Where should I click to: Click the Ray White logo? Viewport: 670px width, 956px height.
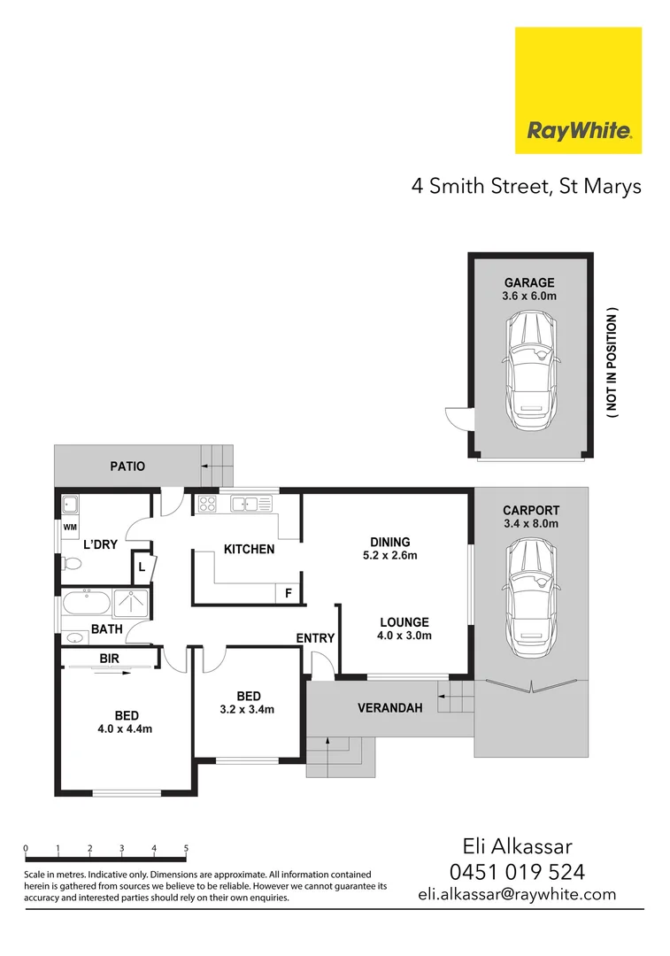click(x=579, y=90)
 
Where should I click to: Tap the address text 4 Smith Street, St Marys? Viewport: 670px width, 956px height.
click(x=526, y=187)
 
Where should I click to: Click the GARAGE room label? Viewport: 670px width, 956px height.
click(x=529, y=283)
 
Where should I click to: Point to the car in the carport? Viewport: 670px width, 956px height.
click(x=530, y=593)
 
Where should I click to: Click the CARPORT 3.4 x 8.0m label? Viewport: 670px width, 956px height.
click(x=530, y=517)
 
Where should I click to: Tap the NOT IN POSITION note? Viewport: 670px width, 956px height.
click(x=612, y=363)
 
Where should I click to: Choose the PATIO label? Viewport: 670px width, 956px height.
click(x=127, y=466)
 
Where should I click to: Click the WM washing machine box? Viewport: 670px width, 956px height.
click(x=69, y=528)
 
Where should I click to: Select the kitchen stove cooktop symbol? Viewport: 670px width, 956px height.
click(x=206, y=505)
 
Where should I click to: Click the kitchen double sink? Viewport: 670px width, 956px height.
click(x=251, y=505)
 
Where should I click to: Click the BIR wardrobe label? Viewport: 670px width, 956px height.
click(x=110, y=659)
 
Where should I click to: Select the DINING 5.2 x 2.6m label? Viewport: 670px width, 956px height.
click(x=390, y=549)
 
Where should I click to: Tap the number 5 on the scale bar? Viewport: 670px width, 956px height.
click(x=186, y=848)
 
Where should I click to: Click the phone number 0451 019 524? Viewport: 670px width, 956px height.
click(x=517, y=871)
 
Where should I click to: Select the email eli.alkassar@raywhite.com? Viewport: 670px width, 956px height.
click(x=517, y=894)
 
